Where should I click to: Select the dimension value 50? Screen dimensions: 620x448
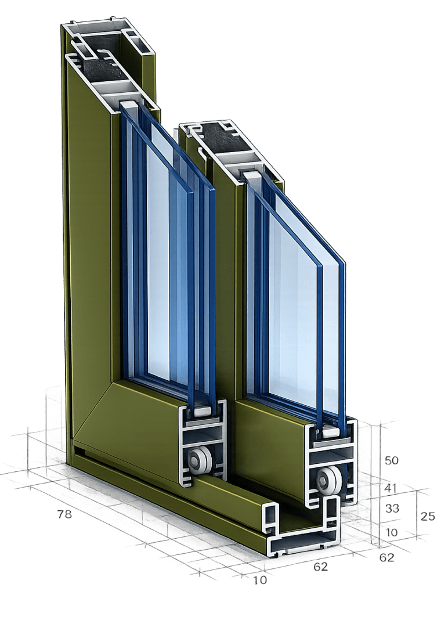pyautogui.click(x=392, y=460)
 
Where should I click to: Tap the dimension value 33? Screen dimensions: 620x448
pyautogui.click(x=392, y=508)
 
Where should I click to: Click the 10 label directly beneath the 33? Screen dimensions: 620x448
pyautogui.click(x=392, y=532)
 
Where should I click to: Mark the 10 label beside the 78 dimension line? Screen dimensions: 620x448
pyautogui.click(x=261, y=580)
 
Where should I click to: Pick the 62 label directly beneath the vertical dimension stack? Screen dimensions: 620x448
pyautogui.click(x=387, y=558)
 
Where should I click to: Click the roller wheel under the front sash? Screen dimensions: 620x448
pyautogui.click(x=329, y=480)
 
